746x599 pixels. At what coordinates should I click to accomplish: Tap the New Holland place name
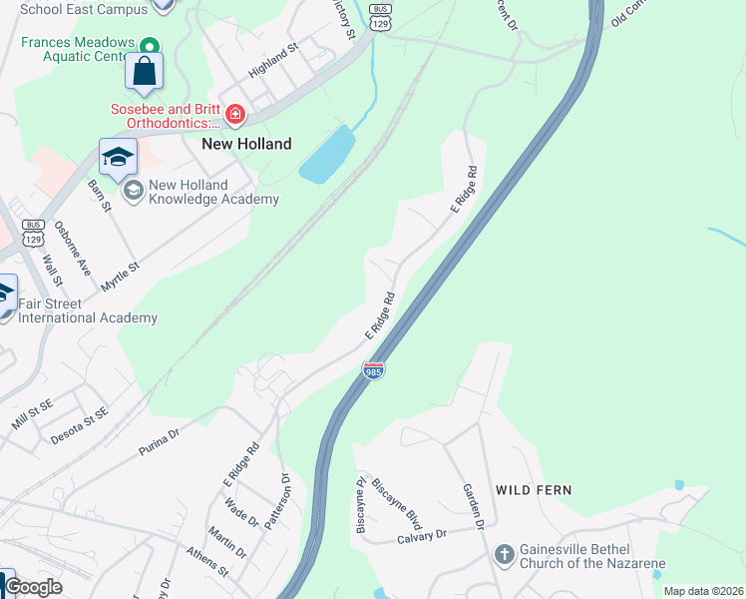tap(246, 144)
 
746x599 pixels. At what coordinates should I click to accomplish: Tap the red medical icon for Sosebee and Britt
tap(235, 115)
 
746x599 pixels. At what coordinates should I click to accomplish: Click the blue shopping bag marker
tap(144, 72)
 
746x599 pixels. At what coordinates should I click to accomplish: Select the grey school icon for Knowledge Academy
tap(133, 192)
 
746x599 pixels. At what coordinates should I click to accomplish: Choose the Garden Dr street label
tap(473, 506)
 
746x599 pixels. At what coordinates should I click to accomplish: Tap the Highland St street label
tap(274, 61)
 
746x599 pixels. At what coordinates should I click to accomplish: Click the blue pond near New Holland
tap(327, 156)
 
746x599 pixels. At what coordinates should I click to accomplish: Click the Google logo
tap(34, 587)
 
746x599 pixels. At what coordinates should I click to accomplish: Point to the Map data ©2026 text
tap(703, 591)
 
